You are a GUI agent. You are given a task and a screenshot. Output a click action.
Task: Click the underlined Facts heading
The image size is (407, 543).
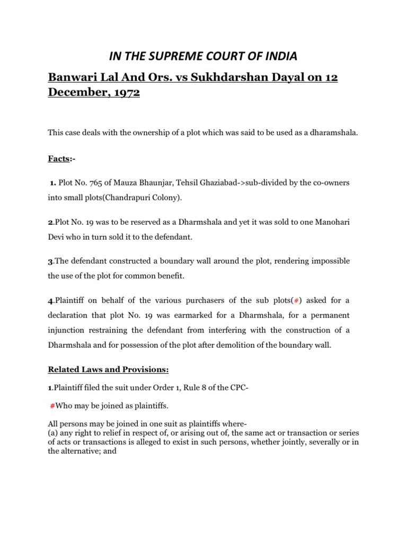59,159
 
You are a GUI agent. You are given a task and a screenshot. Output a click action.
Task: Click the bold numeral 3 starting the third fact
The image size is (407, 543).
50,262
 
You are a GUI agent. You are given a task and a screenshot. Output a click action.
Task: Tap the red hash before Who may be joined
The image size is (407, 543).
52,406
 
